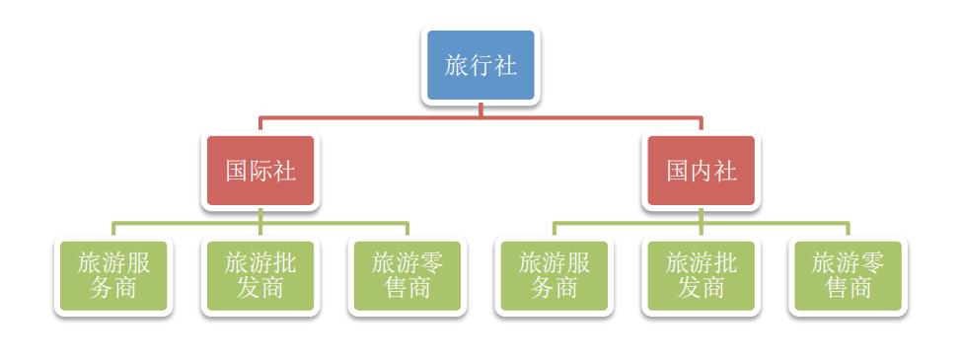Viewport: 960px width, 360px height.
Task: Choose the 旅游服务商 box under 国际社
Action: pos(113,275)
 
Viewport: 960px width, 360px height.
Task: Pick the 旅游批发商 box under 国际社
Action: pos(260,275)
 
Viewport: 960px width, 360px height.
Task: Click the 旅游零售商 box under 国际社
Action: pos(407,275)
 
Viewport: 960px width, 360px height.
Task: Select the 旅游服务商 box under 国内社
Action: pos(554,275)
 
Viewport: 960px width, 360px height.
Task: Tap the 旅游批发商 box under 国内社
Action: pos(702,275)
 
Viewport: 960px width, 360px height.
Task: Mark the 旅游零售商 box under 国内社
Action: pos(848,275)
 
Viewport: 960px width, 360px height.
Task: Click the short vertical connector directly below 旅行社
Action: pos(480,110)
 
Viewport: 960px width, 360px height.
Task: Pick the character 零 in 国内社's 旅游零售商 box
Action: pos(872,263)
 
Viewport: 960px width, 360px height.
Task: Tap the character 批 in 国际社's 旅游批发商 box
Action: pos(285,263)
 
